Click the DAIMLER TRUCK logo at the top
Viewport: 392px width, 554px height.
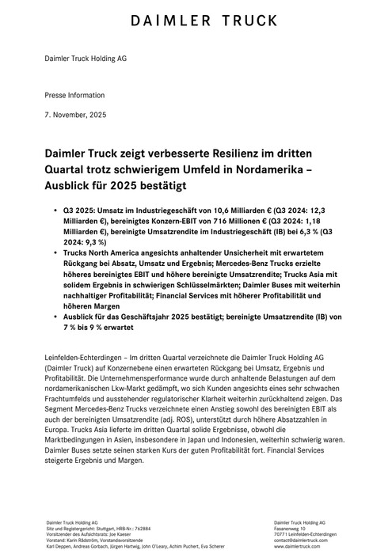pyautogui.click(x=196, y=21)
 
